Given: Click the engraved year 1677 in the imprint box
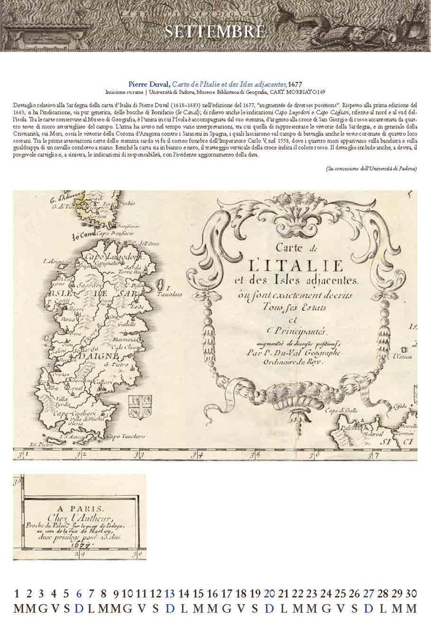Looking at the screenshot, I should pos(79,545).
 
